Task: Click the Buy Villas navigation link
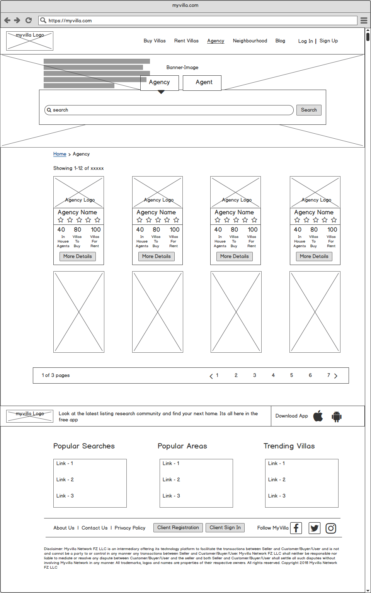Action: pyautogui.click(x=155, y=41)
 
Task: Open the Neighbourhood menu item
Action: pyautogui.click(x=250, y=41)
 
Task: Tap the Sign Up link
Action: pyautogui.click(x=328, y=41)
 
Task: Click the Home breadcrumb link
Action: pyautogui.click(x=60, y=154)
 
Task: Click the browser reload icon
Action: pyautogui.click(x=29, y=20)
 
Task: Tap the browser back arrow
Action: pyautogui.click(x=7, y=20)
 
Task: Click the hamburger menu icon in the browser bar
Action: pyautogui.click(x=364, y=20)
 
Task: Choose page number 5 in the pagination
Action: pyautogui.click(x=291, y=375)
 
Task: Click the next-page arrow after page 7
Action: pyautogui.click(x=336, y=376)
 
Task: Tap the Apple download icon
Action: pyautogui.click(x=318, y=416)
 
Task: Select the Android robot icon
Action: pyautogui.click(x=337, y=416)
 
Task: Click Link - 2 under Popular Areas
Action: pyautogui.click(x=171, y=479)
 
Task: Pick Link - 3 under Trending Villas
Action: pyautogui.click(x=277, y=496)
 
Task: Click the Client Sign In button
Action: pyautogui.click(x=225, y=527)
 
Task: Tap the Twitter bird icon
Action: pyautogui.click(x=315, y=528)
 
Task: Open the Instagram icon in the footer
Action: pyautogui.click(x=331, y=528)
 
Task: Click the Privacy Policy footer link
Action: pyautogui.click(x=130, y=528)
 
